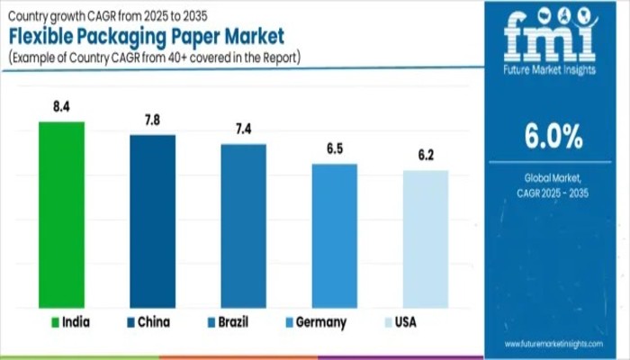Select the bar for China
coord(152,220)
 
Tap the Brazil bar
coord(243,225)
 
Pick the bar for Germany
coord(334,235)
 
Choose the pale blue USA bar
coord(425,238)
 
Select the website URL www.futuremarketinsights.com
coord(553,345)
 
